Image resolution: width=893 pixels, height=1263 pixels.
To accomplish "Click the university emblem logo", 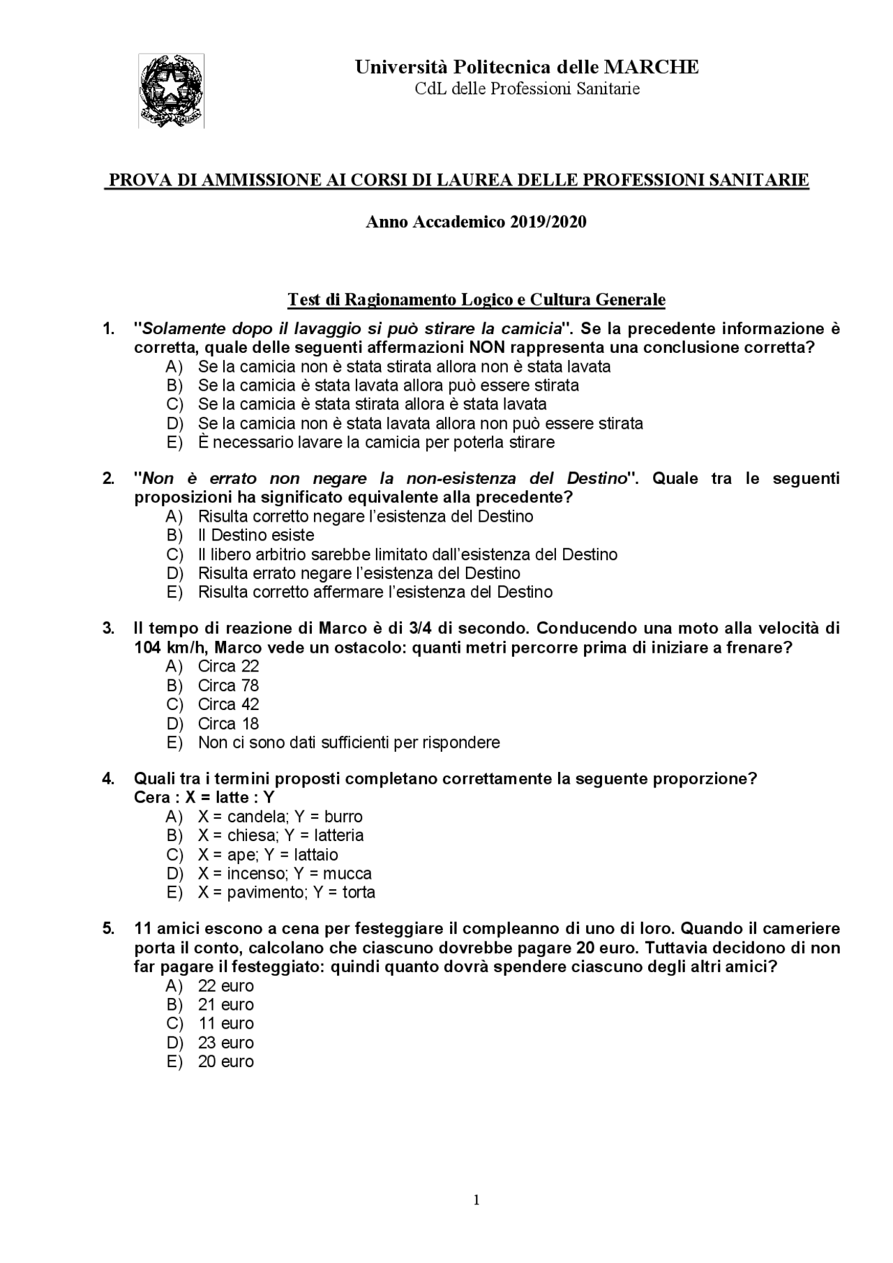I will pyautogui.click(x=172, y=91).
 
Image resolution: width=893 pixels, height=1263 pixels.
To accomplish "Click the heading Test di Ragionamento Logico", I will pyautogui.click(x=476, y=300).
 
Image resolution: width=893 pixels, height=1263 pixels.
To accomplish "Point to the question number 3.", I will pyautogui.click(x=108, y=628).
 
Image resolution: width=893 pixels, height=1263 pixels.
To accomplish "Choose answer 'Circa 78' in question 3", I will pyautogui.click(x=228, y=686).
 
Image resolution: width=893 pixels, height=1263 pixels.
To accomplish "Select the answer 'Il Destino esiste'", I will pyautogui.click(x=256, y=535).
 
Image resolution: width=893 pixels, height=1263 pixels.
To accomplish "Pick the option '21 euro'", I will pyautogui.click(x=226, y=1005).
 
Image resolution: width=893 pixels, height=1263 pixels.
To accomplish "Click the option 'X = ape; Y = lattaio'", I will pyautogui.click(x=268, y=854).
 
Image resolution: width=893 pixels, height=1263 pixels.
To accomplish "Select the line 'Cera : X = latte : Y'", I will pyautogui.click(x=204, y=797).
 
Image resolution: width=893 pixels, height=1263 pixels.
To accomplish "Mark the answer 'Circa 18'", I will pyautogui.click(x=228, y=723).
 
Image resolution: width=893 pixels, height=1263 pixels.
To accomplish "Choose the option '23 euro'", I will pyautogui.click(x=226, y=1043).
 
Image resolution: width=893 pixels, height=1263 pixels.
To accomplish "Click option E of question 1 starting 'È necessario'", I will pyautogui.click(x=377, y=442).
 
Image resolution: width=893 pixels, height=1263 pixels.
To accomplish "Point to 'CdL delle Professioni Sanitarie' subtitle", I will pyautogui.click(x=527, y=89).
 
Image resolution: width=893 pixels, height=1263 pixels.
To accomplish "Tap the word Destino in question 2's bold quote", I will pyautogui.click(x=596, y=478).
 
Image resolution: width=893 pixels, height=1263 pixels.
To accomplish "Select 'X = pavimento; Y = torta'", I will pyautogui.click(x=286, y=892).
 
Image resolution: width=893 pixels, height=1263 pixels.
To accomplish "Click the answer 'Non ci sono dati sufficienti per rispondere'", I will pyautogui.click(x=349, y=742).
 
